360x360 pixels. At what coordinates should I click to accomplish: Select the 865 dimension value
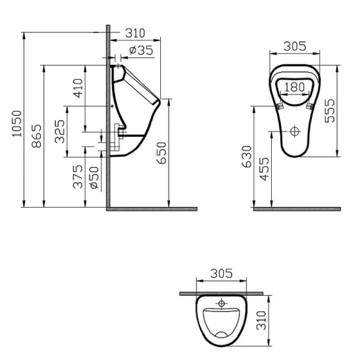click(x=37, y=137)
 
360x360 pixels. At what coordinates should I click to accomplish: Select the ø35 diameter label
click(x=142, y=50)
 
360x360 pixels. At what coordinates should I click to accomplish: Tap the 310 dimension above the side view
click(x=137, y=33)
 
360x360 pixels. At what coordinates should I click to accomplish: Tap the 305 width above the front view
click(x=294, y=46)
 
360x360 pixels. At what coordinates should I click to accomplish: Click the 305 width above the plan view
click(x=222, y=274)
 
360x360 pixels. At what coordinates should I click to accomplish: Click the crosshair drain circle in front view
click(x=294, y=130)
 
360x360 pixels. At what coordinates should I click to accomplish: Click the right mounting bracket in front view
click(x=310, y=106)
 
